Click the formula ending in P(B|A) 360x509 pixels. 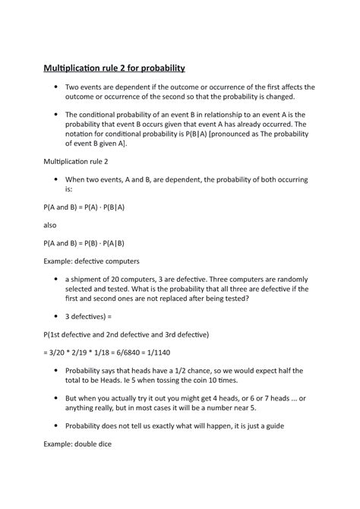point(84,207)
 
